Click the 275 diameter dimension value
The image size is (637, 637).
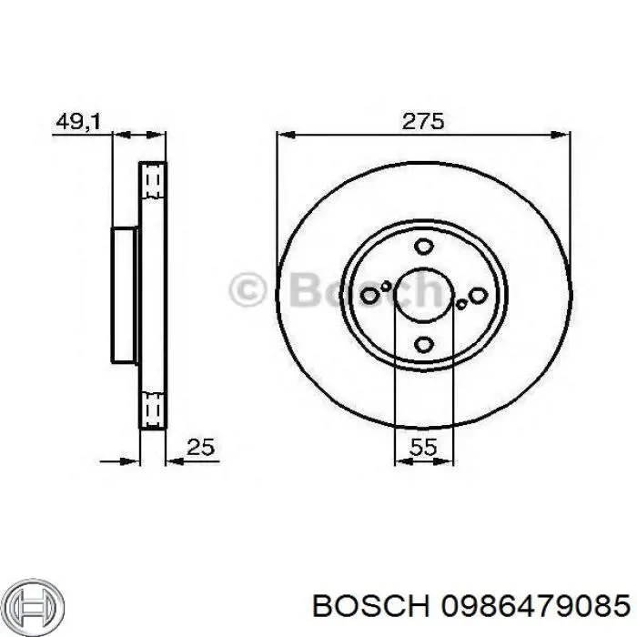point(422,121)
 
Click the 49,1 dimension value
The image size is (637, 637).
point(78,121)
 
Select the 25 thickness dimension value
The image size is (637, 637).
point(200,447)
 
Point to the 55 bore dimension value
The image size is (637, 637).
point(423,447)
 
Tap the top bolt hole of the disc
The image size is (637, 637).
point(424,247)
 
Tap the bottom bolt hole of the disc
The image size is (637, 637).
point(424,345)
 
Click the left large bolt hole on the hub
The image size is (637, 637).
point(369,295)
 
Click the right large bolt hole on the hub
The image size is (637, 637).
point(478,296)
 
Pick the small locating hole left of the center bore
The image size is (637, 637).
point(386,286)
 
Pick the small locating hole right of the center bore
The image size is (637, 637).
point(461,304)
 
